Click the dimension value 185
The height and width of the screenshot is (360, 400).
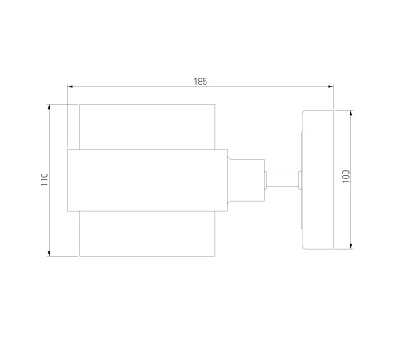[x=201, y=82]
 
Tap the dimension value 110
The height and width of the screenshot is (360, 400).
[x=44, y=179]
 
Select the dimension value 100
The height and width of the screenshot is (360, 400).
[x=346, y=177]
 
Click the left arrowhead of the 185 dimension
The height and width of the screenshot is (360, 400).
[x=70, y=86]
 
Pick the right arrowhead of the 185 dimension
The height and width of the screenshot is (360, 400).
[x=330, y=86]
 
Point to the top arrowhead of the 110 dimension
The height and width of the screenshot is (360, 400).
[x=49, y=107]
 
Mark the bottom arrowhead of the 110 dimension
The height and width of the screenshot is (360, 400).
[x=49, y=254]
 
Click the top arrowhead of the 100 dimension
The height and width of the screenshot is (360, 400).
[x=351, y=114]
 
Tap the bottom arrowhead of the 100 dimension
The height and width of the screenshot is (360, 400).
[x=351, y=246]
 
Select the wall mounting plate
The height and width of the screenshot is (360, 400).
[x=318, y=180]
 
